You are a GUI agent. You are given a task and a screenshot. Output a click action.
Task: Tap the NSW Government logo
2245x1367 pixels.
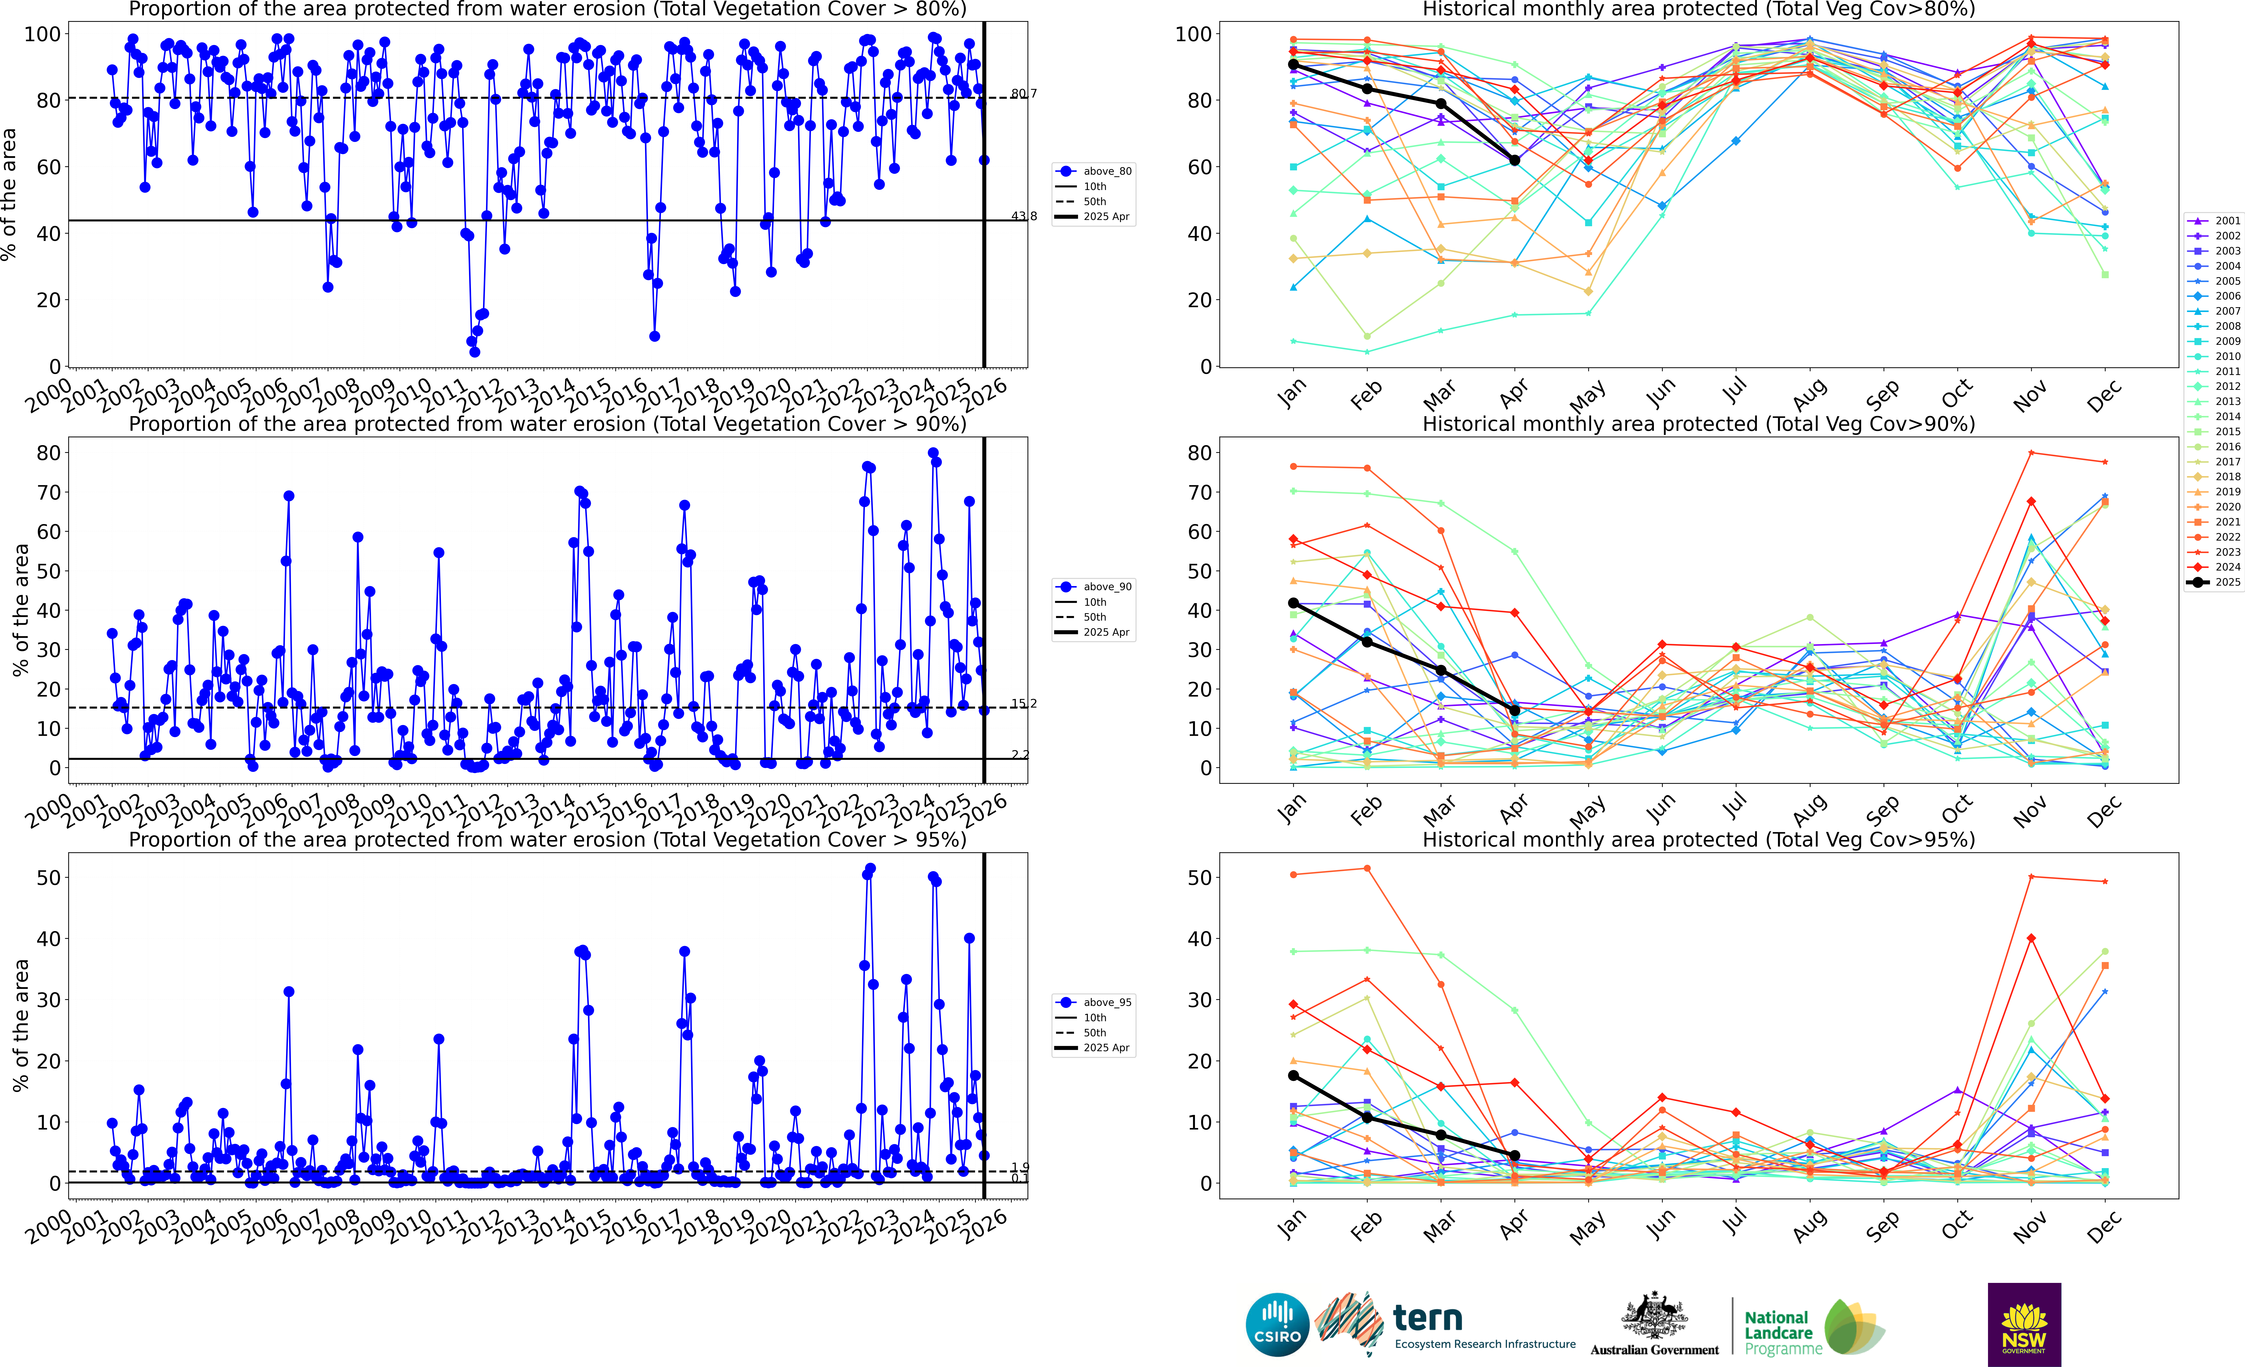(x=2024, y=1324)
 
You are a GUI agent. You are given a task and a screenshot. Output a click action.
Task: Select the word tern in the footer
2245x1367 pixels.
(x=1428, y=1318)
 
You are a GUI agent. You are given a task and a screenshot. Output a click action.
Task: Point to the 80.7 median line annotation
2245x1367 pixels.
(x=1023, y=94)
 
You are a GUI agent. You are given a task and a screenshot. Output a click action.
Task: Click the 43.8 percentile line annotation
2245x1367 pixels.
(x=1023, y=216)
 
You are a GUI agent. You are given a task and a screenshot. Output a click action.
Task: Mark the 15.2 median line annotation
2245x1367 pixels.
(x=1023, y=704)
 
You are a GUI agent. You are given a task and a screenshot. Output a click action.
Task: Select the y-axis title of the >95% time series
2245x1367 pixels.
(x=20, y=1025)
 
